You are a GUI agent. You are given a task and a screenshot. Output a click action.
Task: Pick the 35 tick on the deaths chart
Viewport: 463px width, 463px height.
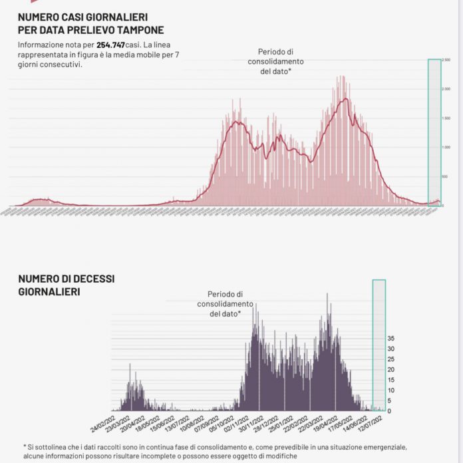point(391,338)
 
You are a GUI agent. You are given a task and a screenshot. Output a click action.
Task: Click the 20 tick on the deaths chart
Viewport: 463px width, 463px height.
point(391,369)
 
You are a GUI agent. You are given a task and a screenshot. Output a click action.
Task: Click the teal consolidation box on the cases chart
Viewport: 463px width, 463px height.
point(434,133)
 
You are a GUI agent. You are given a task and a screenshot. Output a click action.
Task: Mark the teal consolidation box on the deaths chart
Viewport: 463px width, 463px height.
point(379,344)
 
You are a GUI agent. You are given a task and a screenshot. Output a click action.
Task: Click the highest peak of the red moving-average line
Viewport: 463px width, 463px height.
point(345,99)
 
